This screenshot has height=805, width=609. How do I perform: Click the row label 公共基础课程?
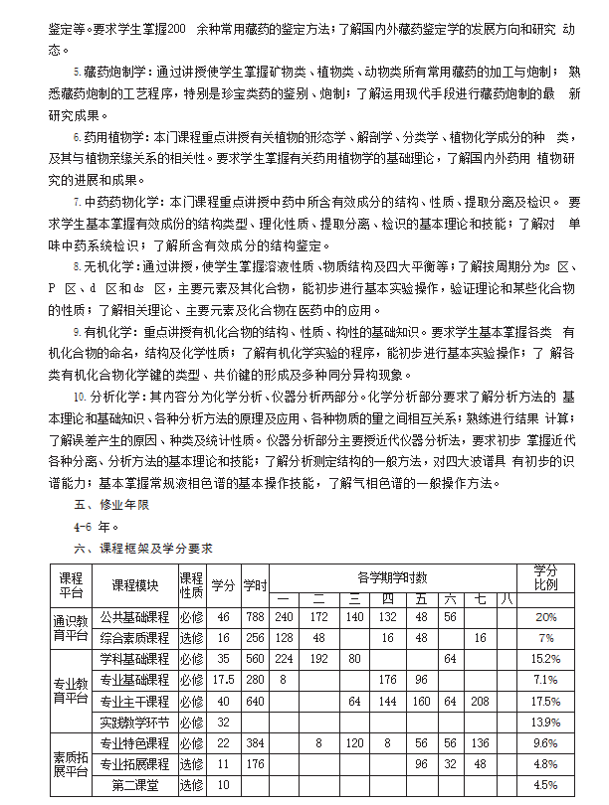134,617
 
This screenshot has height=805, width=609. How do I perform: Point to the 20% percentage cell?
545,617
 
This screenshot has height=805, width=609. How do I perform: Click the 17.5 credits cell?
223,680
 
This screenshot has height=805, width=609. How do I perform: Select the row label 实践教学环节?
134,722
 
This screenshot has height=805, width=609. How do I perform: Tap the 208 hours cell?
481,701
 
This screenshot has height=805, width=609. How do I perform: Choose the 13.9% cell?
545,722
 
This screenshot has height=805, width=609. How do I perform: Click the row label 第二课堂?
134,785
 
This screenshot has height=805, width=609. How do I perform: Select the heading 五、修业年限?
110,505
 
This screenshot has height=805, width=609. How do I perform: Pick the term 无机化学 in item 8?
108,266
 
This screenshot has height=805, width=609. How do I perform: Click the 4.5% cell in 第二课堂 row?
545,785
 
